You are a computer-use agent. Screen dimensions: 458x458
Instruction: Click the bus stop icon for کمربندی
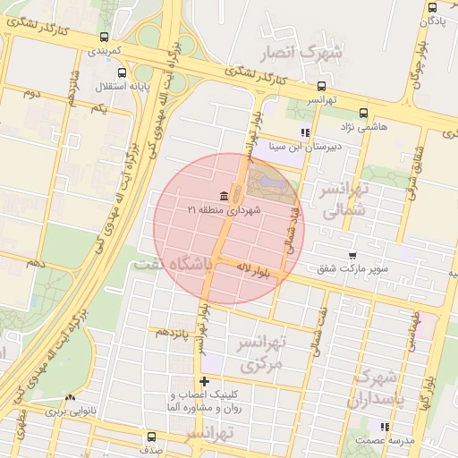click(x=106, y=38)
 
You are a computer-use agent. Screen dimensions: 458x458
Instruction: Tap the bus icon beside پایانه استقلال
click(x=123, y=72)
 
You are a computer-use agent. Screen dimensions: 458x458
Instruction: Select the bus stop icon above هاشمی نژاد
click(x=363, y=114)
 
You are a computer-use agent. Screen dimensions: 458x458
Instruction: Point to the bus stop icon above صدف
click(x=149, y=437)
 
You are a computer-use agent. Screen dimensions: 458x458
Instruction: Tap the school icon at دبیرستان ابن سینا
click(x=305, y=133)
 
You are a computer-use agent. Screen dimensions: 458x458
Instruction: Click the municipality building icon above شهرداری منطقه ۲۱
click(x=223, y=196)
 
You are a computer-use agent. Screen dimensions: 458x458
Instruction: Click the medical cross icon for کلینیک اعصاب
click(x=205, y=382)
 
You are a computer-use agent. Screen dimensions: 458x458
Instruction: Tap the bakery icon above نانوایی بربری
click(x=70, y=399)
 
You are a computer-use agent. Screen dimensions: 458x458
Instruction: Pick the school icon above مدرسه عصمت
click(x=385, y=427)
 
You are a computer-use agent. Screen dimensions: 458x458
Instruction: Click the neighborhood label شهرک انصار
click(x=301, y=53)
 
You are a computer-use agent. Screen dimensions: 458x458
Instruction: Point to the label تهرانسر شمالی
click(x=344, y=200)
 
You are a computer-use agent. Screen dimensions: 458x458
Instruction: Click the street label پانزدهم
click(x=174, y=332)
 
